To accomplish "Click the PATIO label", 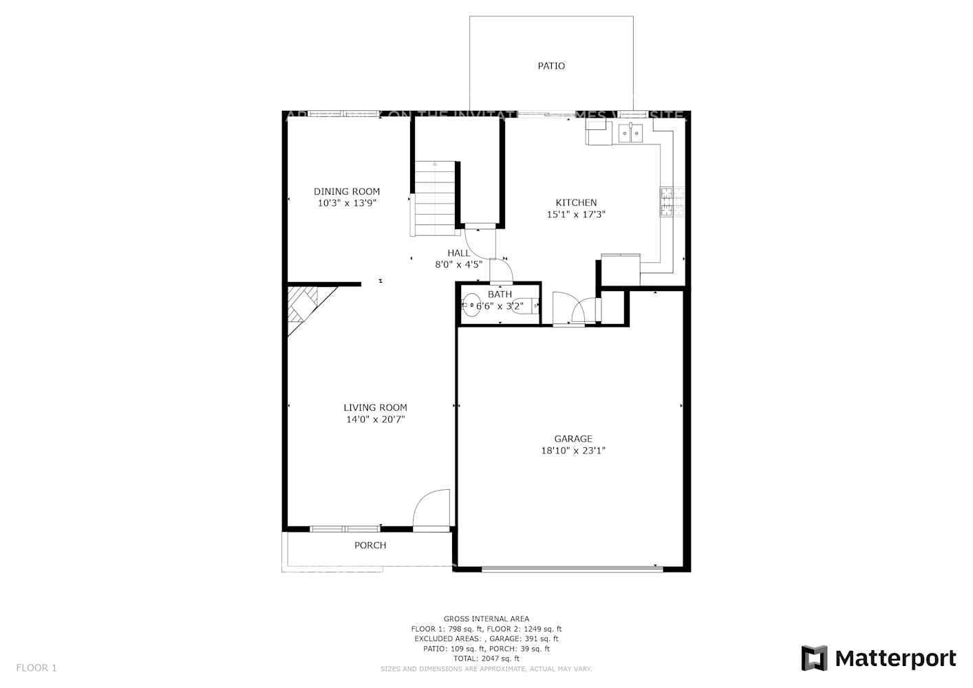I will pos(551,66).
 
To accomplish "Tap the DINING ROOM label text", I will pos(347,191).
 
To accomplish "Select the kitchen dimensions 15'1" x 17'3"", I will pos(576,215).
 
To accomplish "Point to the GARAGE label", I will pos(573,439).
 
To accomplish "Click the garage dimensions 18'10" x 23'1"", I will pos(573,451).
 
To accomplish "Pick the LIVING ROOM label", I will pos(375,407).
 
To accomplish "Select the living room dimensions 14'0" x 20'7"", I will pos(375,420).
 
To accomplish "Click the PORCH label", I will pos(370,546).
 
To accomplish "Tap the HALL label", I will pos(459,252).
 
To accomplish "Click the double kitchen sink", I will pos(630,131).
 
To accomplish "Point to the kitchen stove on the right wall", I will pos(672,202).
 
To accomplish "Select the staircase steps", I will pos(434,196).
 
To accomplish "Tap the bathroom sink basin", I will pos(471,305).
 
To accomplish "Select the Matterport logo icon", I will pos(815,658).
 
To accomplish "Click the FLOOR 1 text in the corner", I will pos(36,667).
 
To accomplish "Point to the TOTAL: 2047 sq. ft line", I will pos(486,658).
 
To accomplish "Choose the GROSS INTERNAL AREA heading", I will pos(486,619).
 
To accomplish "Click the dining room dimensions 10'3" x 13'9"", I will pos(347,203).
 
